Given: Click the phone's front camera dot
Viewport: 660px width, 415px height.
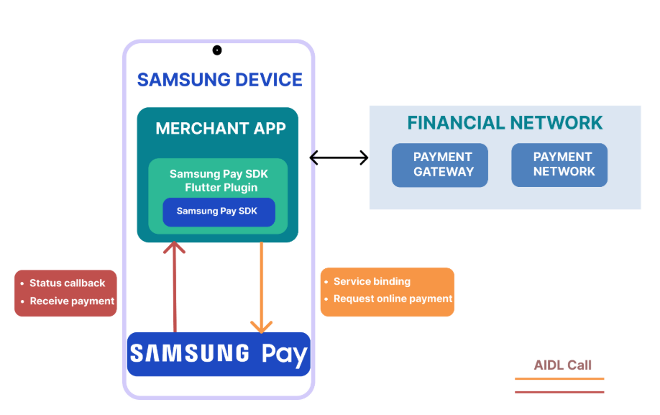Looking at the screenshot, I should click(x=217, y=50).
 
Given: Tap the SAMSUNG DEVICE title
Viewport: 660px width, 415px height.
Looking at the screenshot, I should click(x=219, y=80).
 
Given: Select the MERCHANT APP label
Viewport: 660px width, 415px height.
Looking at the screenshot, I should click(x=221, y=129).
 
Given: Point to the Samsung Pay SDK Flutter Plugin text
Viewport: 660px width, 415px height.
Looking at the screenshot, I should click(x=216, y=181).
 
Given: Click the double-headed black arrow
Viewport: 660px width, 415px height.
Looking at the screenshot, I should click(x=339, y=158).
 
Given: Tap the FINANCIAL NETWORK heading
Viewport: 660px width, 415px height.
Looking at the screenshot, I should click(x=505, y=123).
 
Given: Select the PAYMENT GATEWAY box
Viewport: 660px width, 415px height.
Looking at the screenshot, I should click(x=439, y=165).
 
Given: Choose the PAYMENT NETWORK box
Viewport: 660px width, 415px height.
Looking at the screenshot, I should click(x=559, y=165).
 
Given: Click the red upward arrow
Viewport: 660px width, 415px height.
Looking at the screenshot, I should click(x=175, y=288).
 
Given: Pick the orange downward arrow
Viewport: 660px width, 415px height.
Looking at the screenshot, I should click(x=261, y=288).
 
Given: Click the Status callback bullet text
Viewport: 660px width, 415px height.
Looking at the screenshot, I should click(x=67, y=283).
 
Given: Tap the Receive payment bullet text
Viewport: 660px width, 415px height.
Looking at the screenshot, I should click(x=72, y=301).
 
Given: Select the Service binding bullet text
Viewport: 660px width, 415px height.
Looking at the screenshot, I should click(x=372, y=281).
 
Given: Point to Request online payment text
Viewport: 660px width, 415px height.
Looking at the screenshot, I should click(x=393, y=298).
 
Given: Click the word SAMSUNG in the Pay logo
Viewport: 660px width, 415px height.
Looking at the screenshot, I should click(x=190, y=354).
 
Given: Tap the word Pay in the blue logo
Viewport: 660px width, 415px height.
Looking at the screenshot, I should click(x=284, y=355).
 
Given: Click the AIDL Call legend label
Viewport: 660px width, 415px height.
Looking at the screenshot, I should click(x=562, y=365).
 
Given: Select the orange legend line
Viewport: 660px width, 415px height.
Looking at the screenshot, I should click(x=559, y=379).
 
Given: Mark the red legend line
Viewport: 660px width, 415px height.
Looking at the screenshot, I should click(x=559, y=392).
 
